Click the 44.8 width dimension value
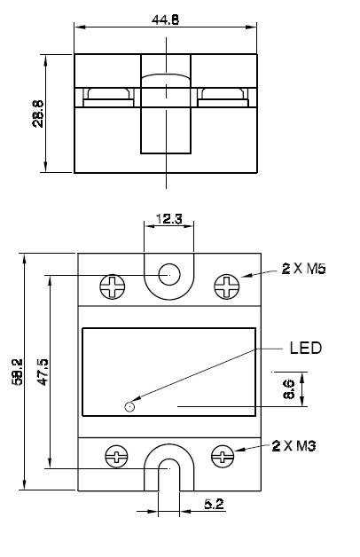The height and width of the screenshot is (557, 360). point(166,20)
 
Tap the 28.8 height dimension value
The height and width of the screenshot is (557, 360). point(38,114)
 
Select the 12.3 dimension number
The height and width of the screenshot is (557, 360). point(169,219)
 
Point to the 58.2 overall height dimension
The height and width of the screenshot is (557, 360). point(17,372)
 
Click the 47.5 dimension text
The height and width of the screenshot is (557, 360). point(43,372)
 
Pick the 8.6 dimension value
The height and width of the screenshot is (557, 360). point(289,389)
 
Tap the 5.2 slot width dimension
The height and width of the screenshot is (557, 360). point(214,504)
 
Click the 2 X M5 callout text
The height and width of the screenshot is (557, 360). point(303,269)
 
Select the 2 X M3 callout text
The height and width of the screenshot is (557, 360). point(294,446)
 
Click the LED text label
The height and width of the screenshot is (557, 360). point(306,348)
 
